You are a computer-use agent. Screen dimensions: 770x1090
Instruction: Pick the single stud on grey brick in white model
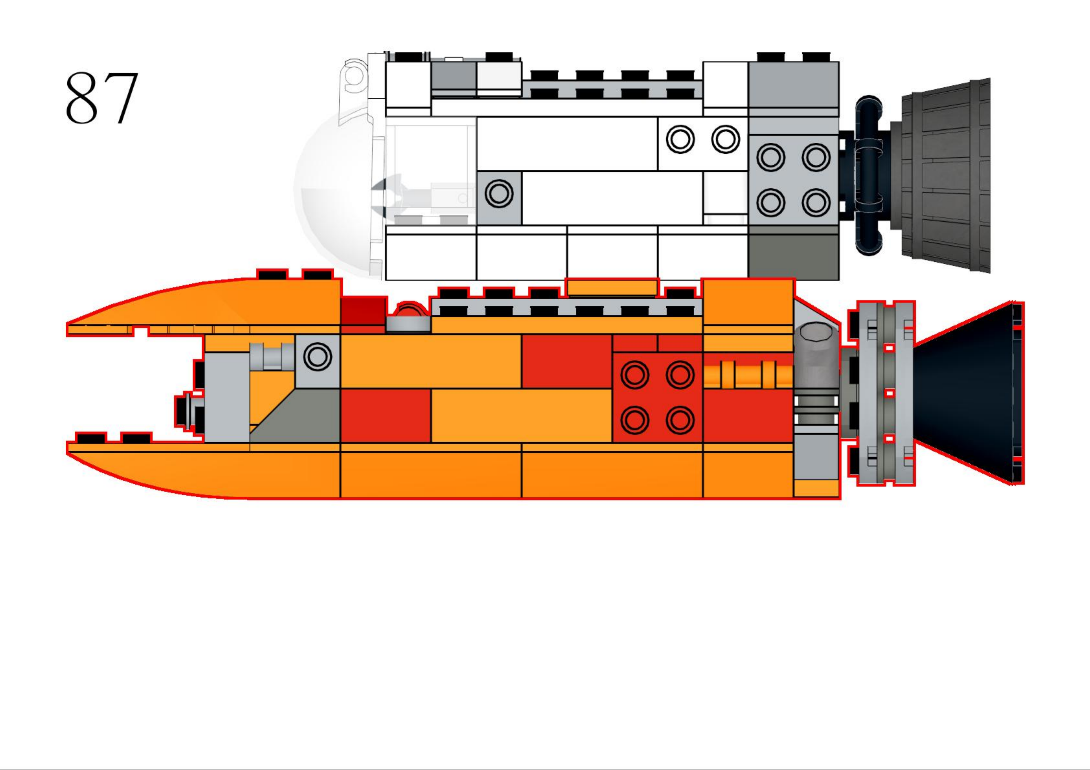click(x=499, y=194)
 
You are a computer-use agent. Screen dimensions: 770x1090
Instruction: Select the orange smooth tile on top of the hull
click(x=612, y=288)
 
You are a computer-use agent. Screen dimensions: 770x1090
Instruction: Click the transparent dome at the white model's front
click(x=332, y=190)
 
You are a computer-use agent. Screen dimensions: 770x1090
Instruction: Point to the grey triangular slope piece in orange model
click(x=304, y=418)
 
